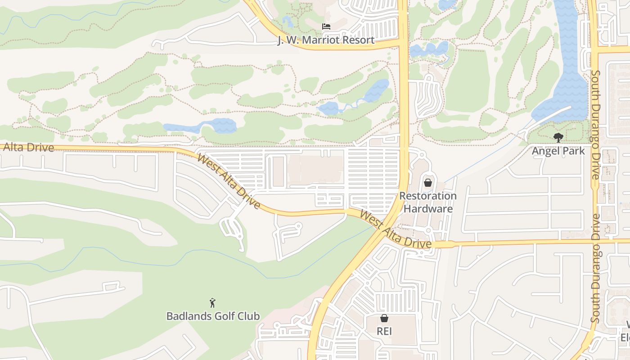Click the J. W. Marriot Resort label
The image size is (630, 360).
[326, 40]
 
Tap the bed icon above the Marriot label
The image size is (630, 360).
[326, 27]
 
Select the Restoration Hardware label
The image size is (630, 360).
[427, 202]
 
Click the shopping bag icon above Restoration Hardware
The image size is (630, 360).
[427, 183]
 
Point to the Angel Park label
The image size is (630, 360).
[558, 151]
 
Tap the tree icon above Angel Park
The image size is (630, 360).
[558, 137]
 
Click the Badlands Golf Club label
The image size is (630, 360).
[213, 316]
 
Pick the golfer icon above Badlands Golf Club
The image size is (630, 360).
[212, 303]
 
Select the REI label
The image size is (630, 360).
[384, 331]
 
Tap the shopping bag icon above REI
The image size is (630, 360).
[384, 318]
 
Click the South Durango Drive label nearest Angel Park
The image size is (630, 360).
[595, 125]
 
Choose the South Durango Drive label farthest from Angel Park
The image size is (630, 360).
[595, 268]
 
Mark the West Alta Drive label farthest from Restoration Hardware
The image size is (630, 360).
[229, 181]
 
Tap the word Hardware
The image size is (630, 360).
[427, 208]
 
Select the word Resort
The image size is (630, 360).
[356, 40]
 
